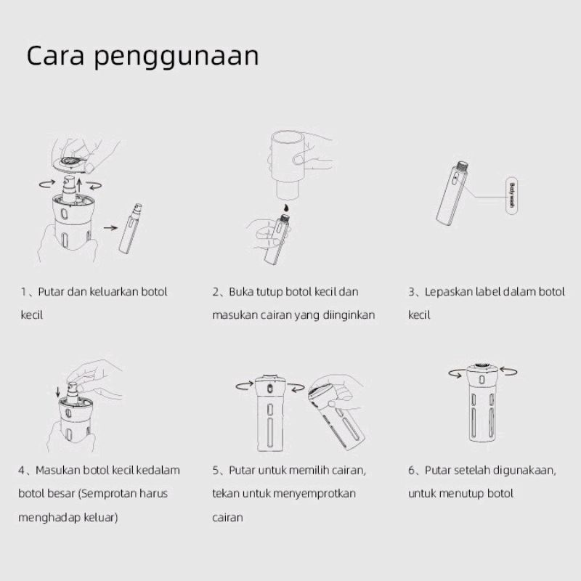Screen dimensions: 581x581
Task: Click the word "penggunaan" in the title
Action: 176,57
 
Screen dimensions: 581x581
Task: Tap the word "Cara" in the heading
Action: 55,56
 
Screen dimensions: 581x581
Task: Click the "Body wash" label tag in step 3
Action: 512,196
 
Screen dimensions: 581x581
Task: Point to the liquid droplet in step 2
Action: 285,208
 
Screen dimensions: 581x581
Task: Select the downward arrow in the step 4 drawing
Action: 58,392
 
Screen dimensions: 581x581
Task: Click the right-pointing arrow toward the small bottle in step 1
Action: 110,227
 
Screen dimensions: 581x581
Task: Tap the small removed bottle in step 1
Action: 131,229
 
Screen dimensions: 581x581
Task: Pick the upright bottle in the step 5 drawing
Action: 270,414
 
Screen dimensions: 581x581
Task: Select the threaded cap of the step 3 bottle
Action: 462,166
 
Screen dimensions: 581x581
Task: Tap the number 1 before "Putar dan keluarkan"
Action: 24,292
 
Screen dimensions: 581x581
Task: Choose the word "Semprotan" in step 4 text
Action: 106,494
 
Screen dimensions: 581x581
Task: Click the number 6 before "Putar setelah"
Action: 412,471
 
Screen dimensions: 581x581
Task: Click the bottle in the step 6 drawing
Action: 482,403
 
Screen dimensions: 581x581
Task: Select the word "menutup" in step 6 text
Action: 461,494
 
